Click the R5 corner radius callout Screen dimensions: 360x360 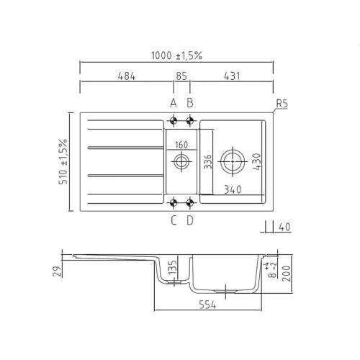click(282, 103)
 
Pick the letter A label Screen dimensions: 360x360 click(174, 102)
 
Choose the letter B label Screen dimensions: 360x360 click(190, 102)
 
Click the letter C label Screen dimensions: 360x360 click(174, 221)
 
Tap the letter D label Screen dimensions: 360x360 click(190, 221)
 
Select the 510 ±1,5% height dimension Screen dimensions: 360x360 click(63, 161)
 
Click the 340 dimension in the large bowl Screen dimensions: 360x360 click(232, 190)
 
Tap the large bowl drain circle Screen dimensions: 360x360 click(234, 160)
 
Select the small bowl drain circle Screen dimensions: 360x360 click(179, 162)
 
